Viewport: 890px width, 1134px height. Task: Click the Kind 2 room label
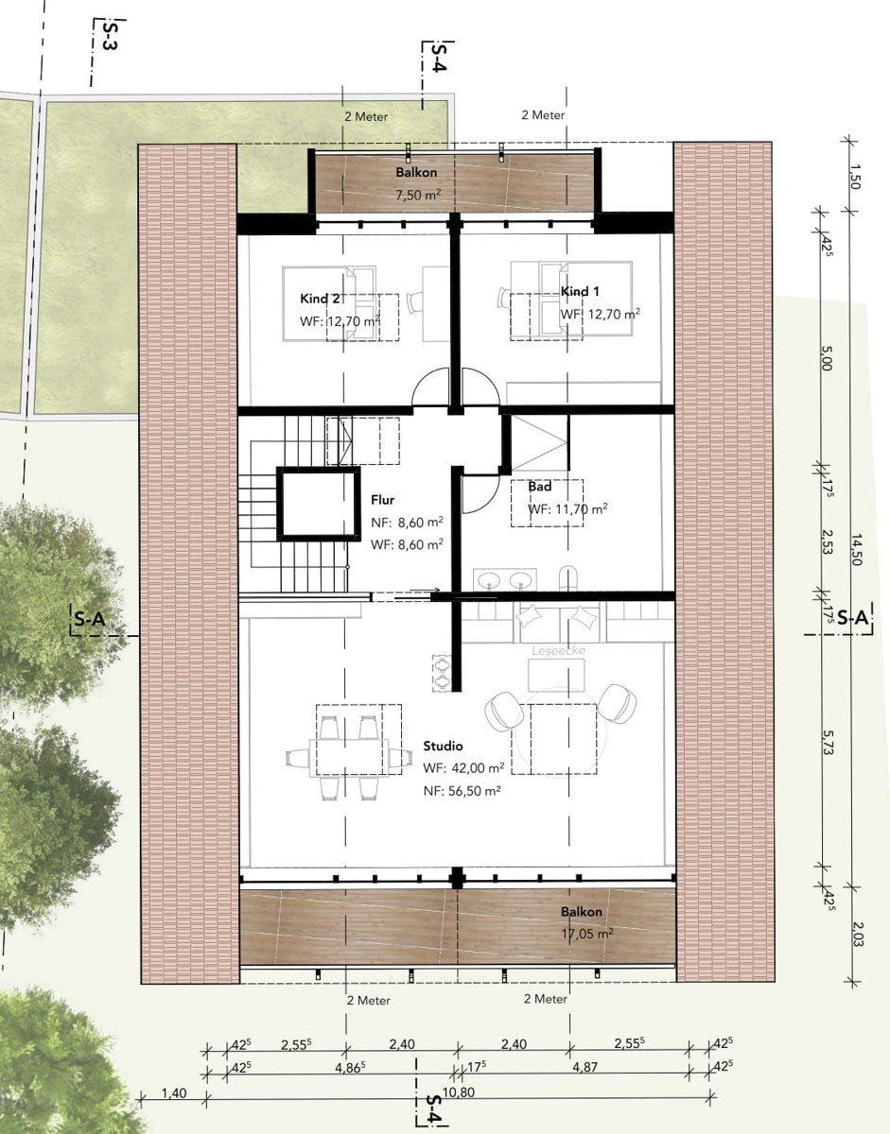[x=320, y=299]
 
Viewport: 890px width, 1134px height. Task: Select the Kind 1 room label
[x=580, y=291]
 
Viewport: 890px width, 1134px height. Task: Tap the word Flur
[x=382, y=499]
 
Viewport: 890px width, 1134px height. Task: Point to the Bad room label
[x=539, y=487]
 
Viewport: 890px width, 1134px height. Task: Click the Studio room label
[x=443, y=746]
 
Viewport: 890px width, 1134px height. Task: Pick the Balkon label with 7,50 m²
[x=416, y=172]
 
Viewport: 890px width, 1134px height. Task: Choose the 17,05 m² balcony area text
[x=587, y=934]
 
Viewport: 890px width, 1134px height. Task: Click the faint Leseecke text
[x=558, y=651]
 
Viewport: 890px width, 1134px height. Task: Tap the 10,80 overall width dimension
[x=459, y=1091]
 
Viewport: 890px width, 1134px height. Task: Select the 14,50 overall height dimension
[x=856, y=550]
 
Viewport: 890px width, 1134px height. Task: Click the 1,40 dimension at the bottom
[x=174, y=1092]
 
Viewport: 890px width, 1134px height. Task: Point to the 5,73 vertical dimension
[x=828, y=742]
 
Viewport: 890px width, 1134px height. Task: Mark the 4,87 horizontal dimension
[x=585, y=1067]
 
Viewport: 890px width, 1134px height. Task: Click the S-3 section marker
[x=110, y=35]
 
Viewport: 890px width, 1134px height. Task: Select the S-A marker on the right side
[x=852, y=618]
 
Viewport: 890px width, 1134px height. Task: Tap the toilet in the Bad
[x=568, y=578]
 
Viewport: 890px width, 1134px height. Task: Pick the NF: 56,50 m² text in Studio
[x=462, y=791]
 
